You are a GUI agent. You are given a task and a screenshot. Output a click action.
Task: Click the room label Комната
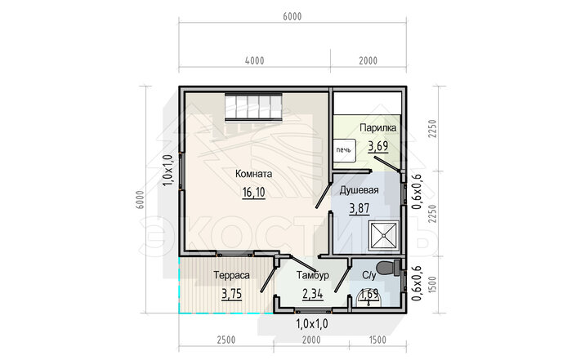(253, 174)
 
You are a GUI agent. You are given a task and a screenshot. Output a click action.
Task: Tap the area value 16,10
(253, 192)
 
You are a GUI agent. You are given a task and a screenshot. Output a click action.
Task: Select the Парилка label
(378, 128)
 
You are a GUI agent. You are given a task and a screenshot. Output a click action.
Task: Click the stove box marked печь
(345, 150)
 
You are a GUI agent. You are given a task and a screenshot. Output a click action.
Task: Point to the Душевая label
(359, 190)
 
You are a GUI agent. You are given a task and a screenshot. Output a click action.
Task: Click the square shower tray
(384, 236)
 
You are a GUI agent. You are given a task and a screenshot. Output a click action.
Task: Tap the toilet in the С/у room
(389, 268)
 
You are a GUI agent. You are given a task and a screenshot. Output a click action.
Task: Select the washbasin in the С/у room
(368, 299)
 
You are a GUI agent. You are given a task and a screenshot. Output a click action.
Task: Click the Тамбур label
(313, 275)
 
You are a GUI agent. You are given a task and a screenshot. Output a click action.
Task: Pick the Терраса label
(231, 275)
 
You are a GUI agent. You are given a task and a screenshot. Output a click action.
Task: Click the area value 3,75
(232, 295)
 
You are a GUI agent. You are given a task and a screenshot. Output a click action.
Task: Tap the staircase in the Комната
(253, 107)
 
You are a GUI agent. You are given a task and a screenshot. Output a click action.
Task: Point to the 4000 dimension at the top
(255, 60)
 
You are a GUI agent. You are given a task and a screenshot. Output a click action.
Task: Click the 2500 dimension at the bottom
(226, 340)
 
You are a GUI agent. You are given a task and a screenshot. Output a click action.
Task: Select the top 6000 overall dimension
(292, 17)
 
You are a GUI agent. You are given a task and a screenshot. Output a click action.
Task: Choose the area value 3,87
(359, 208)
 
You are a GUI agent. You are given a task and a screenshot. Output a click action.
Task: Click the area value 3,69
(378, 146)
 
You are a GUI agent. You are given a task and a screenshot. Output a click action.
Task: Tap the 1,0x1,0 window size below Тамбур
(312, 324)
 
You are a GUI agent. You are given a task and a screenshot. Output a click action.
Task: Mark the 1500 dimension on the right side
(432, 285)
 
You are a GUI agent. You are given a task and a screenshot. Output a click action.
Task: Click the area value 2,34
(313, 295)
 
